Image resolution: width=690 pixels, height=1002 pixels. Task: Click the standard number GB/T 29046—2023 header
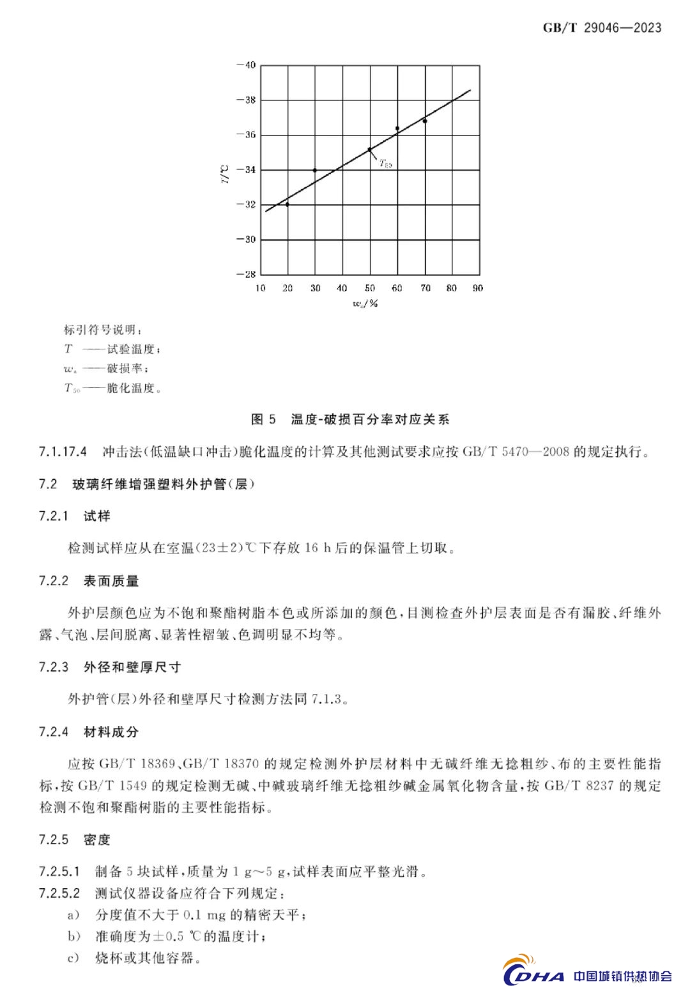[602, 27]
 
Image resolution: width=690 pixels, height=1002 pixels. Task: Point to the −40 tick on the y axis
[246, 65]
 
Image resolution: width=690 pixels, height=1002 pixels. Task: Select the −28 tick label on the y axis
[246, 274]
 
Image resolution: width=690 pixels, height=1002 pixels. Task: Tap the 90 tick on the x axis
[478, 288]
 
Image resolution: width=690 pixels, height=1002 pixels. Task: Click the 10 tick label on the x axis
[261, 288]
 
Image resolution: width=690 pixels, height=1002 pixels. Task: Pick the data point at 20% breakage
[287, 204]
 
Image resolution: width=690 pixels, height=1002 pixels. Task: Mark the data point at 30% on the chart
[315, 170]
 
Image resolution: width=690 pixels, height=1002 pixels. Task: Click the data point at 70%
[425, 121]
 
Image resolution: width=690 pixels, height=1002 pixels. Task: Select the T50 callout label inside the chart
[385, 164]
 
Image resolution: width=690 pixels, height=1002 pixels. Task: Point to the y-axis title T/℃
[224, 173]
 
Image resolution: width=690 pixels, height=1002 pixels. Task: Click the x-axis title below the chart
[365, 304]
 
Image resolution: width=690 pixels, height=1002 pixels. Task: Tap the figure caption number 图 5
[263, 419]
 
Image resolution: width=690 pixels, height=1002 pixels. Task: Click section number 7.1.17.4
[63, 452]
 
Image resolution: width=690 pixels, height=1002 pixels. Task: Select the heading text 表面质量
[111, 581]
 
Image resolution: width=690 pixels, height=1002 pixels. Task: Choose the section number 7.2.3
[53, 667]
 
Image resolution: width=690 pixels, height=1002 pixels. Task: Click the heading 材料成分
[111, 732]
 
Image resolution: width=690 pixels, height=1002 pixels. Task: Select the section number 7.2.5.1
[59, 872]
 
